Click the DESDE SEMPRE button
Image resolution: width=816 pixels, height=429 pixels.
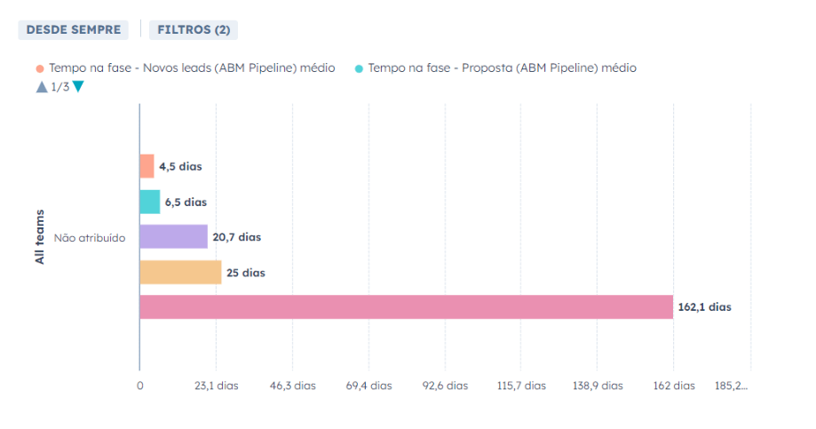[73, 29]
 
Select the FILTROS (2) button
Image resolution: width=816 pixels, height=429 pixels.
[194, 29]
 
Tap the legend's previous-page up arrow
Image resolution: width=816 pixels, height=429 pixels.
[41, 87]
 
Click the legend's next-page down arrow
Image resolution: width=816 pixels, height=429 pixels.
[78, 87]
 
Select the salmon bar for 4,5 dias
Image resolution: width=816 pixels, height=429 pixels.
[147, 166]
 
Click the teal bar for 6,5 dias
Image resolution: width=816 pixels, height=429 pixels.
[149, 202]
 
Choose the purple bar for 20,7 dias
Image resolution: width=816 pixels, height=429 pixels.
[173, 237]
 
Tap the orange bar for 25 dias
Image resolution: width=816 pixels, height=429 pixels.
[180, 273]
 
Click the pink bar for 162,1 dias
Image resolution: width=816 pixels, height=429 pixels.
[406, 307]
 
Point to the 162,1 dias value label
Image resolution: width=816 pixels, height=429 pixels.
[704, 307]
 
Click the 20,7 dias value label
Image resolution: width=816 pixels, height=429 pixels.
[237, 237]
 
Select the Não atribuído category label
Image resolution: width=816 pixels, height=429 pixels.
[90, 238]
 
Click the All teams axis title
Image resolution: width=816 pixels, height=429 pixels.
[39, 237]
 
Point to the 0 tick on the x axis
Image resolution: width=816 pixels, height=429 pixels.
[139, 385]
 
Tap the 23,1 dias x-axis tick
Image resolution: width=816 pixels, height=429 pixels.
[217, 385]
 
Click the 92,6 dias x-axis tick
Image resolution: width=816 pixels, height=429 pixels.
[445, 385]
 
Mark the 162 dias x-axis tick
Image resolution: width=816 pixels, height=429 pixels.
[673, 385]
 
